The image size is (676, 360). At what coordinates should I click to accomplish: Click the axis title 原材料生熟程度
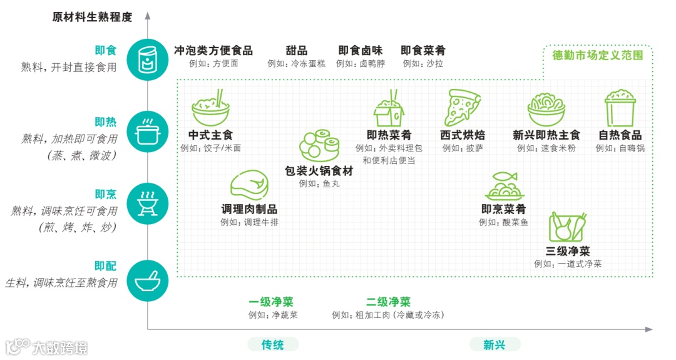point(92,17)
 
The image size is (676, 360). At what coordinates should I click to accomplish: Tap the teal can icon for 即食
point(147,59)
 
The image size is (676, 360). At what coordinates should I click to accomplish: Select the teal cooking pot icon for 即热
point(147,131)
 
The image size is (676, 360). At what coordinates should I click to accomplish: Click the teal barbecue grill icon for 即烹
point(147,203)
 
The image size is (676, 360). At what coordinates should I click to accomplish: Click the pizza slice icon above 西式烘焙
point(462,108)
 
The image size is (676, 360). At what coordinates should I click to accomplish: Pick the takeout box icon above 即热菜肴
point(389,108)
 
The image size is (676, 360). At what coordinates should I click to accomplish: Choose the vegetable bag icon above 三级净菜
point(567,227)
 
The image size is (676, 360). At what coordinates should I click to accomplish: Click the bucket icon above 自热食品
point(620,108)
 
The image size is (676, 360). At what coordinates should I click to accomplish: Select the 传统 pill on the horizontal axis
point(272,344)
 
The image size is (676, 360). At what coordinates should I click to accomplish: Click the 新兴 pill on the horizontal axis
point(494,344)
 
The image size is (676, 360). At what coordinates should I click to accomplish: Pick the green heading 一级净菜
point(271,302)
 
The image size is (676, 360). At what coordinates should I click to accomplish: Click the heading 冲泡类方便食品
point(213,51)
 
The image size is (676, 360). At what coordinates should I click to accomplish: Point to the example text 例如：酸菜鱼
point(503,222)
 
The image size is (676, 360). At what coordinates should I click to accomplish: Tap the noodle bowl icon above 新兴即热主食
point(546,108)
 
